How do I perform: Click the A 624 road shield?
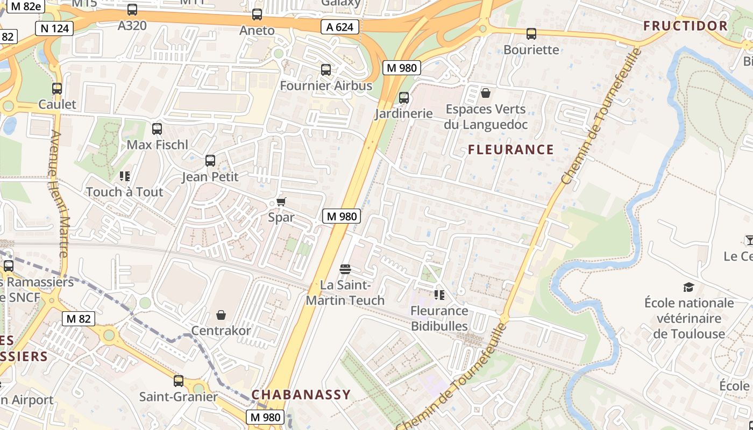tap(340, 26)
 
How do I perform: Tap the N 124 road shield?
tap(54, 28)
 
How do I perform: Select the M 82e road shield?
tap(24, 6)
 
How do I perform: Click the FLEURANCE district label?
tap(510, 149)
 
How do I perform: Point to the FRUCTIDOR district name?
tap(685, 26)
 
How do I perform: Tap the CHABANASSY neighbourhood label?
tap(301, 395)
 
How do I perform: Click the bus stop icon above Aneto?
tap(257, 15)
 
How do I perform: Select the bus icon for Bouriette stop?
tap(531, 34)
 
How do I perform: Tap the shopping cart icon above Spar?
tap(281, 202)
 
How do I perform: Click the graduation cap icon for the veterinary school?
tap(688, 287)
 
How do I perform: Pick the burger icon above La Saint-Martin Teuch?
tap(345, 269)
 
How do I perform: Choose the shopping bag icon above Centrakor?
tap(221, 314)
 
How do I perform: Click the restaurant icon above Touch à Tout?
tap(125, 176)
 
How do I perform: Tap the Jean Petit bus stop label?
tap(210, 176)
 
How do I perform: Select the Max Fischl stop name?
tap(157, 145)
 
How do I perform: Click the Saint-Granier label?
tap(178, 397)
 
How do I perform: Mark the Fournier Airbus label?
tap(326, 85)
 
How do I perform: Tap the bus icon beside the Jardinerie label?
tap(404, 98)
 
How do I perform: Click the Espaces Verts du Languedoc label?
tap(485, 117)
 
